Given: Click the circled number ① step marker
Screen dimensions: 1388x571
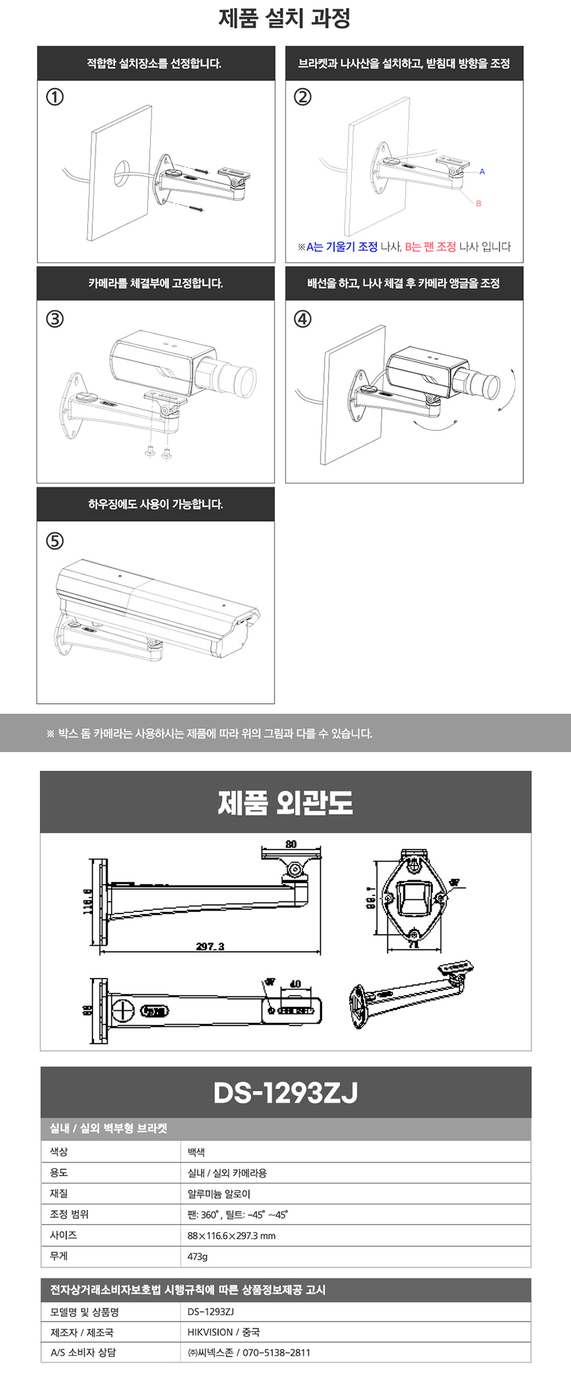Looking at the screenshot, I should point(54,97).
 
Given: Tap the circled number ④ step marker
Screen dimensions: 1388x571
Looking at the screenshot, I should point(302,319).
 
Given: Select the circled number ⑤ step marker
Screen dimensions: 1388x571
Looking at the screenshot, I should point(54,541).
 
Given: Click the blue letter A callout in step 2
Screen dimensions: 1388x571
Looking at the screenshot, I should point(482,172).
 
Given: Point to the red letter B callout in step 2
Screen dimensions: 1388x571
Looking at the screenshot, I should point(479,204).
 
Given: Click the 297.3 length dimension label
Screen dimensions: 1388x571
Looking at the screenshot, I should point(210,946).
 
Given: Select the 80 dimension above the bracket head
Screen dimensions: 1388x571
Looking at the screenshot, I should point(291,844).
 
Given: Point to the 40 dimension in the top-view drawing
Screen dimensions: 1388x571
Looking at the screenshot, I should point(295,984).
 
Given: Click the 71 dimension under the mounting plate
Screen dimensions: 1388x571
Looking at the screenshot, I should point(413,946).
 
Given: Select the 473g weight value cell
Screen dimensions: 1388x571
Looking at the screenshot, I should point(198,1257).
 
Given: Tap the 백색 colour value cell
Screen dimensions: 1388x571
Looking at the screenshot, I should point(197,1152).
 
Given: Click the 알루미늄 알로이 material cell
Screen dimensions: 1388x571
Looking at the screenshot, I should point(219,1194).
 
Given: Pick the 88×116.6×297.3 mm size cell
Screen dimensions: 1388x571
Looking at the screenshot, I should point(231,1236).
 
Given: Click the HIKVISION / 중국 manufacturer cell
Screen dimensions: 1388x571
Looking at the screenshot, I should point(224,1332).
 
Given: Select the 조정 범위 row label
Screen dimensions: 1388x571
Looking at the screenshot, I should point(69,1214).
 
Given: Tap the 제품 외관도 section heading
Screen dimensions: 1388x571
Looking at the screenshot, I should point(285,803).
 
